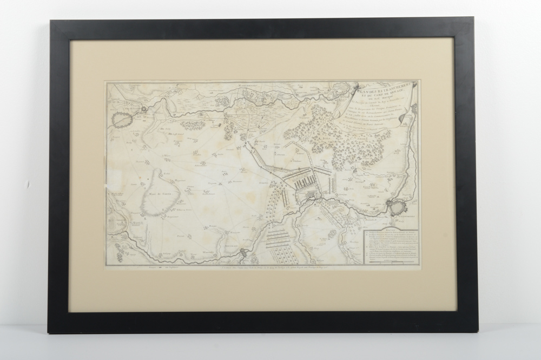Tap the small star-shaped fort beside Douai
pos(143,110)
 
